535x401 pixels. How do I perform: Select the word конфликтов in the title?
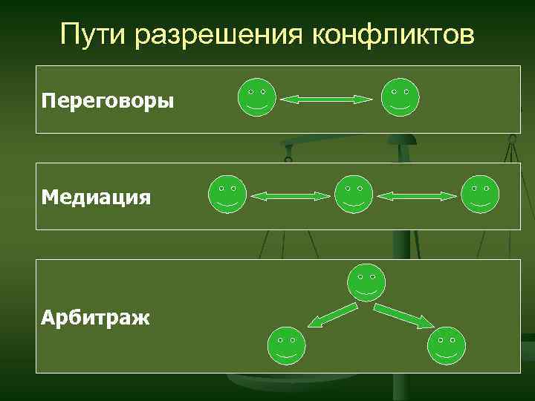point(391,33)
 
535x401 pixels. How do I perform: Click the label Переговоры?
point(108,100)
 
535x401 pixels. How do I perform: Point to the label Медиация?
point(97,197)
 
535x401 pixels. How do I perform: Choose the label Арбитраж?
point(96,319)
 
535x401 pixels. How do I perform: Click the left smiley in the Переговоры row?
point(257,97)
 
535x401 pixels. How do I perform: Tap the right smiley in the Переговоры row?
point(400,97)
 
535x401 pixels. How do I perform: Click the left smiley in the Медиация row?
point(227,195)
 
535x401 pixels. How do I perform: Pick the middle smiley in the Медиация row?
point(354,195)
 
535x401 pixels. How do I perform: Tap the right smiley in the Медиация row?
point(480,195)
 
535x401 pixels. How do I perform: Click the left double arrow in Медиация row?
point(291,196)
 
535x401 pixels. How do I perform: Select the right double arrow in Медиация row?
point(417,196)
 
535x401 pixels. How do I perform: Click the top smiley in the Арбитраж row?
point(366,282)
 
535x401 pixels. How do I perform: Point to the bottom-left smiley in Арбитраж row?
point(286,345)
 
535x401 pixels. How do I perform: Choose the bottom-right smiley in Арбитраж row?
point(447,345)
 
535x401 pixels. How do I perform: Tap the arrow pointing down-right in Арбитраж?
point(404,315)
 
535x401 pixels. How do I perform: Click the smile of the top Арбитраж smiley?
point(366,292)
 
